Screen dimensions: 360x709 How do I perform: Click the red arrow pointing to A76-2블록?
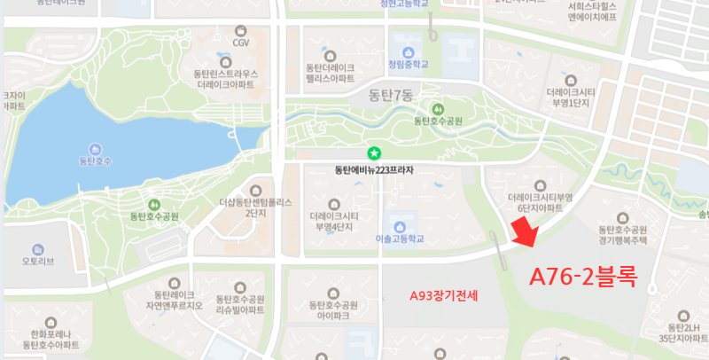(525, 235)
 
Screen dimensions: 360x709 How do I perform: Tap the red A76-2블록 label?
(583, 276)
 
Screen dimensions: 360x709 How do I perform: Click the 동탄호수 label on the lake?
(95, 162)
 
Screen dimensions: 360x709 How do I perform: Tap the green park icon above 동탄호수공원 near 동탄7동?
(437, 109)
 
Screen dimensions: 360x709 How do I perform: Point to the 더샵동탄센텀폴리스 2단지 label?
(255, 207)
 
